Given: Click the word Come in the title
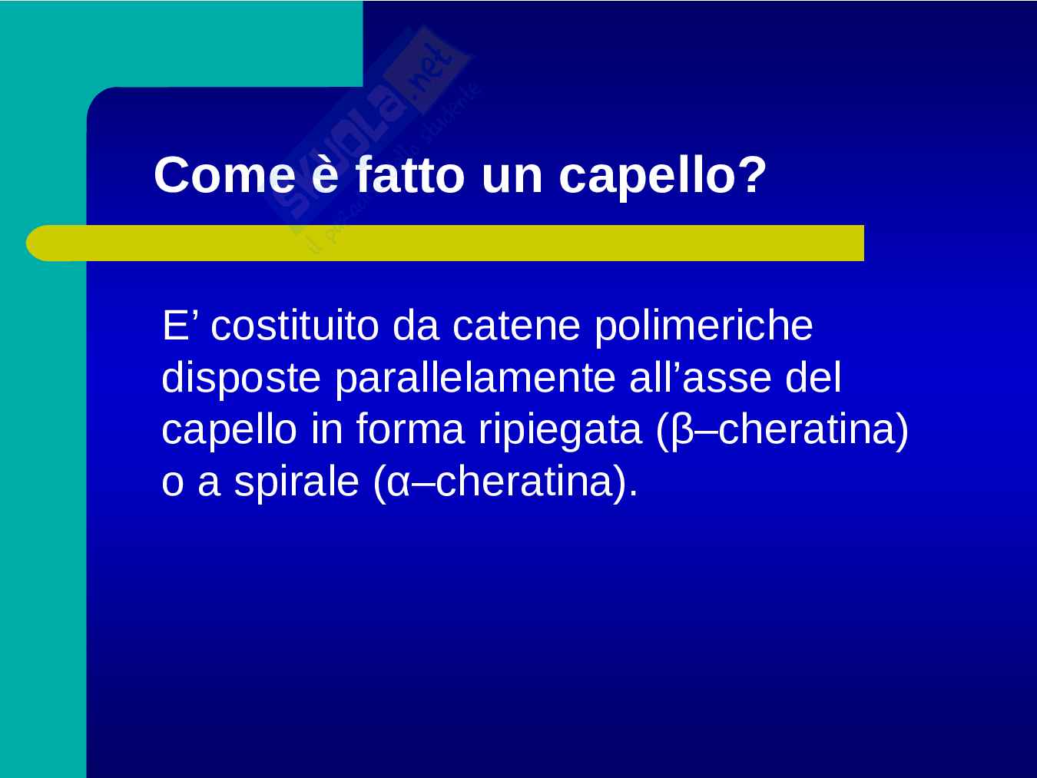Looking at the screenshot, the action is [225, 175].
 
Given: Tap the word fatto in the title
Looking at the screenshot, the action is [409, 174].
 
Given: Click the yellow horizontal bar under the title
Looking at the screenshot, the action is [445, 243].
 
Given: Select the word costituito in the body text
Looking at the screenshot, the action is [295, 326].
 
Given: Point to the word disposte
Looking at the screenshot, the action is [241, 379].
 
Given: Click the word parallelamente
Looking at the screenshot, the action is [475, 379].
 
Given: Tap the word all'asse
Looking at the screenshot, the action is [700, 377].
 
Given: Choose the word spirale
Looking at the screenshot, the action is [297, 483].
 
